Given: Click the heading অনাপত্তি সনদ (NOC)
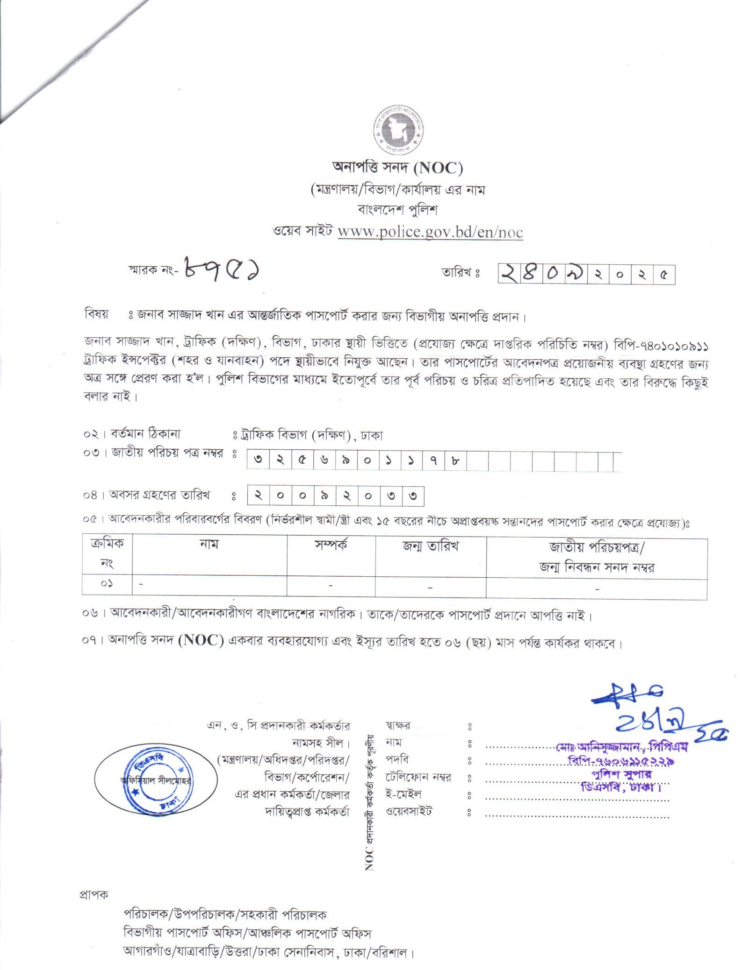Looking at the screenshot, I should [397, 168].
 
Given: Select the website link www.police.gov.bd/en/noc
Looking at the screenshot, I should [430, 232].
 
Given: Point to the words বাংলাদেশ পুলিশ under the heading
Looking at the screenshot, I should [397, 211].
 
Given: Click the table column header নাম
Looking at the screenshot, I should [209, 544].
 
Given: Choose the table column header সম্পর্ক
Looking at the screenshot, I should [331, 545].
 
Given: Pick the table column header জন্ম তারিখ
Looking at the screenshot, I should [431, 545].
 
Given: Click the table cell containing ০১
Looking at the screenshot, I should [107, 584].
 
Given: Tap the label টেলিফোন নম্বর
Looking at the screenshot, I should [418, 778].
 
